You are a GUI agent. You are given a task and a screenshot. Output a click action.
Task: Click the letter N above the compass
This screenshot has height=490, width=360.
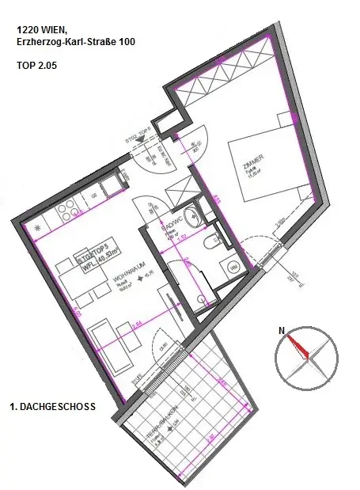(x=280, y=332)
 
